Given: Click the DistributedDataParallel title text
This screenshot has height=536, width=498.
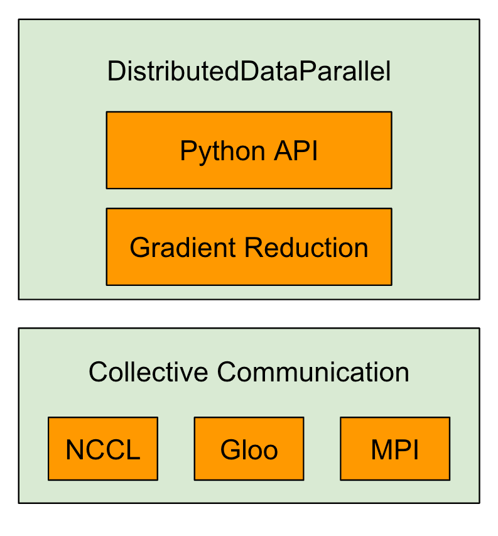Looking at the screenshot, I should (249, 72).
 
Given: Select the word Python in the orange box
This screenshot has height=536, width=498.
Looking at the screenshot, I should (214, 151).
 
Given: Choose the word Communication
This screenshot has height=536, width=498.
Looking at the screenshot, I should (313, 372).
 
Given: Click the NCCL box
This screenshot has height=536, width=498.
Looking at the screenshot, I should (103, 449).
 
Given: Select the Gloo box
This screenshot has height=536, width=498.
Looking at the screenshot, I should (249, 449).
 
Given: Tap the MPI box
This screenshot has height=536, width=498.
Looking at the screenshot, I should (395, 449).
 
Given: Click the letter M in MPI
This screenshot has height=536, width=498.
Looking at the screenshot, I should (380, 450).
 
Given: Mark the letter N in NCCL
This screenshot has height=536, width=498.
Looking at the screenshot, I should (74, 450).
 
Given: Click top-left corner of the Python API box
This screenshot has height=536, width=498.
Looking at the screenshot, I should (107, 112).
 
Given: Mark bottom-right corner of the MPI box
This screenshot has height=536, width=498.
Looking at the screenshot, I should (450, 480).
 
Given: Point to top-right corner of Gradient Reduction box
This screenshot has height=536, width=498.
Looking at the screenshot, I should (392, 209).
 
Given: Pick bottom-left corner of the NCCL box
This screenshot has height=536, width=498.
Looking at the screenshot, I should (48, 480).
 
